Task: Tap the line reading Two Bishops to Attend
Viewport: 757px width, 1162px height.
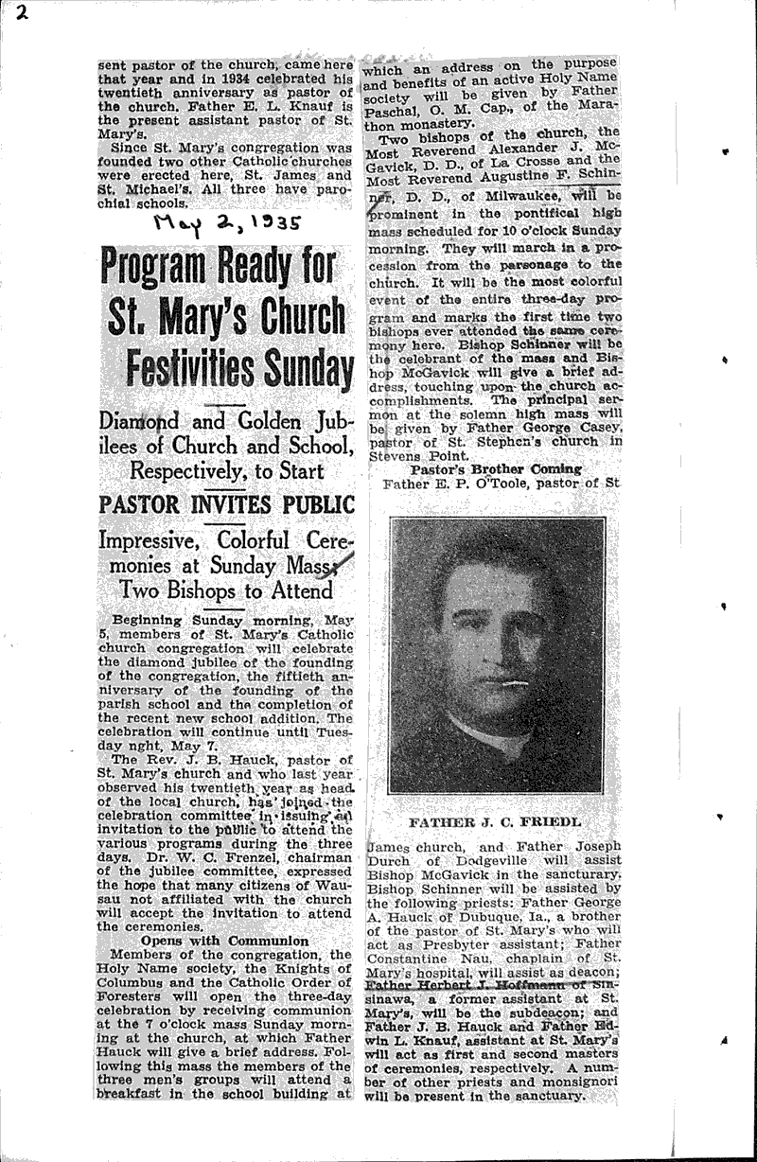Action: coord(225,590)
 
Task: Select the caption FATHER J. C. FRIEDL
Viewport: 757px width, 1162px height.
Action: coord(497,822)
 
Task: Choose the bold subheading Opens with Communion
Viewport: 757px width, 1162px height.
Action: coord(224,941)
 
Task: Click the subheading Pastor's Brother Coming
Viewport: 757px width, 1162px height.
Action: coord(497,469)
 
